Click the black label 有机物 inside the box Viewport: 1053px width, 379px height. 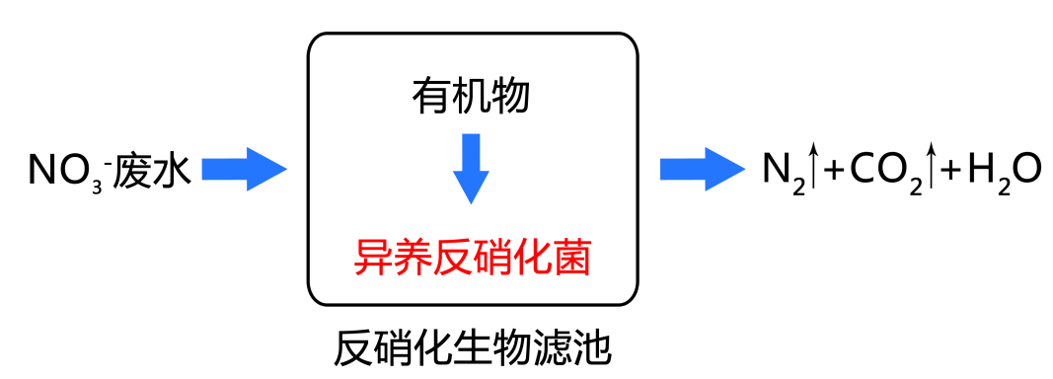coord(471,96)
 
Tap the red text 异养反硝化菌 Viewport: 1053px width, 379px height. coord(472,258)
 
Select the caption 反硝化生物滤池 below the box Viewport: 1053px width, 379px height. coord(473,348)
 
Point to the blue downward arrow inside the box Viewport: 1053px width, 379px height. coord(471,168)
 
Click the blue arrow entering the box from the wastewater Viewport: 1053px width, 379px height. coord(244,169)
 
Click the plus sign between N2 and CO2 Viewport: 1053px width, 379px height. coord(834,171)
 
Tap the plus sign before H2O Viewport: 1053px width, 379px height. coord(950,171)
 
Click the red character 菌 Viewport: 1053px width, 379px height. coord(570,258)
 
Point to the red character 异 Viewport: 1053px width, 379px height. coord(373,258)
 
